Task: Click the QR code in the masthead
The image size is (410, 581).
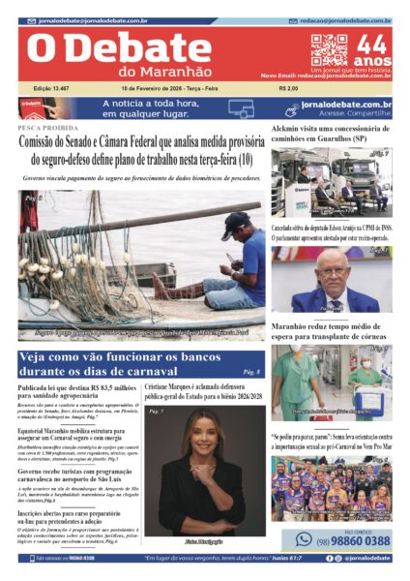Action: [329, 49]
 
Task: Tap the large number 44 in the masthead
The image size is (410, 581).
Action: [370, 45]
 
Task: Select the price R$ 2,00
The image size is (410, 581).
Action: [287, 89]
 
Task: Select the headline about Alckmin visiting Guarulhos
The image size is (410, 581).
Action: [331, 134]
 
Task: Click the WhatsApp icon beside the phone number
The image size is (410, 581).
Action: [304, 539]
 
